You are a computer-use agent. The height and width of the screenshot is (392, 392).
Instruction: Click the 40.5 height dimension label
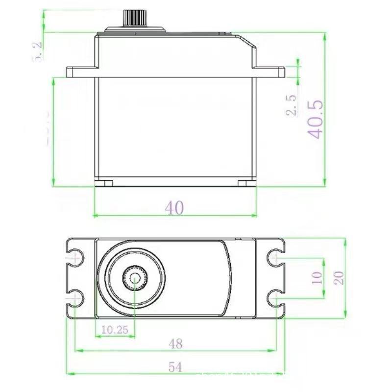click(315, 120)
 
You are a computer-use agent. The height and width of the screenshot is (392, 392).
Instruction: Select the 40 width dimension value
click(174, 208)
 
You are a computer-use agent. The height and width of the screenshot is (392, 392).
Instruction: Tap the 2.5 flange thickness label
click(292, 105)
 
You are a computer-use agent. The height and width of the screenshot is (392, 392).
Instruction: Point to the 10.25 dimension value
click(114, 330)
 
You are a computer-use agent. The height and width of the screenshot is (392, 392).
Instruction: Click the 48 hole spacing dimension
click(175, 344)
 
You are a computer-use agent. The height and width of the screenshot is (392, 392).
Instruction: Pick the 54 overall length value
click(175, 367)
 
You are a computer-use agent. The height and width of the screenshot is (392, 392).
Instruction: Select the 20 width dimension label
click(339, 277)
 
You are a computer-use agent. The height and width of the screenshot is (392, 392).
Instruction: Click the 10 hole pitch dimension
click(317, 277)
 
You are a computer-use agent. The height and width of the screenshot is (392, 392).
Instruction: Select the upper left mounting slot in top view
click(75, 257)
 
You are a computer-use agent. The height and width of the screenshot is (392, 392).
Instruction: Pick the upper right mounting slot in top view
click(275, 257)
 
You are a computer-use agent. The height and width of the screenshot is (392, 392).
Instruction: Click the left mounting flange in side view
click(81, 73)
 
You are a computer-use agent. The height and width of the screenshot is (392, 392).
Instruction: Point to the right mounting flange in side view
click(269, 73)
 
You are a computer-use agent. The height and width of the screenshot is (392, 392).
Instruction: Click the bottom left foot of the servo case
click(103, 183)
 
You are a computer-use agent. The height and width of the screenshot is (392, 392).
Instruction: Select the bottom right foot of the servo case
click(247, 183)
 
